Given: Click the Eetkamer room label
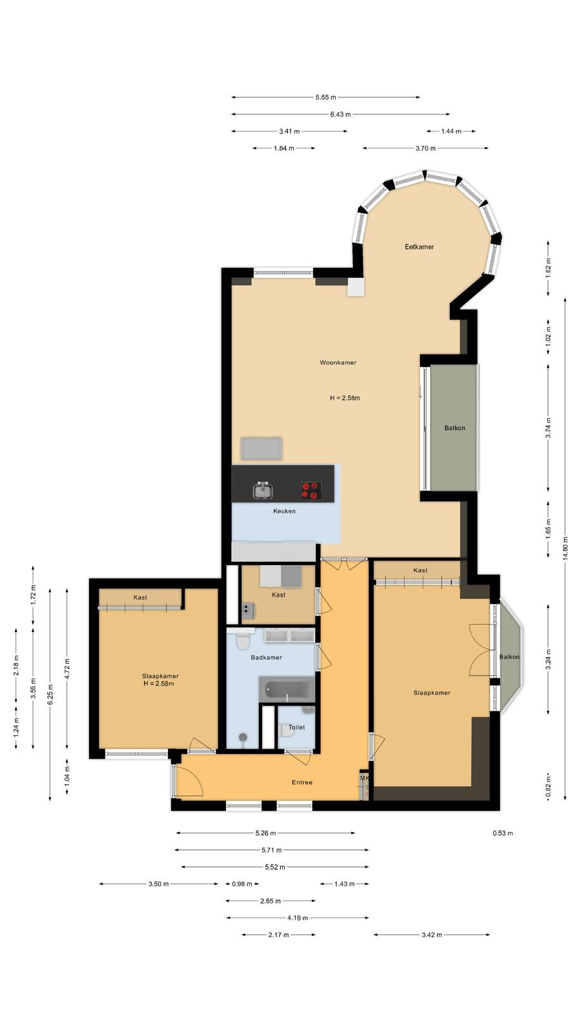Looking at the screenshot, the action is coord(419,247).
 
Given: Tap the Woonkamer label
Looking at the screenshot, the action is coord(338,362).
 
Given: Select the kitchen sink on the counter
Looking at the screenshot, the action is coord(263,490).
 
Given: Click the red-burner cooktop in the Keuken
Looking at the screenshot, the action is coord(311,490).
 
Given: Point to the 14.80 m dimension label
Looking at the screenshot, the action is coord(566,548).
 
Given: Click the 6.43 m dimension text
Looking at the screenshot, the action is coord(340,114).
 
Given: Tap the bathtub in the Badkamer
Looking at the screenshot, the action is coord(287,690).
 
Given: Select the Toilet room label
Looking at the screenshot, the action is coord(296,728).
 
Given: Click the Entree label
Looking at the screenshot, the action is coord(302,782).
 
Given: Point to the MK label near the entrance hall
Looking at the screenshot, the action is coord(365,778).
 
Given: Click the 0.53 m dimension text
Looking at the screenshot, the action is coord(503,833).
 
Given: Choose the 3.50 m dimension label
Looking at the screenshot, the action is coord(159,884).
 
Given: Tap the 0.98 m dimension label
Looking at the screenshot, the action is coord(242,884).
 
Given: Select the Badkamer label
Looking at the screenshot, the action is coord(267,657).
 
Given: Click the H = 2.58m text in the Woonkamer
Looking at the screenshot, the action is coord(345,398).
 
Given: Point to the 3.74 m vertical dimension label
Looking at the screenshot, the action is coord(548,428).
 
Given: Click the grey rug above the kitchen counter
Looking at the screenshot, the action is coord(261,449).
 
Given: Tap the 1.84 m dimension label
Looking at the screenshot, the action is coord(283,148).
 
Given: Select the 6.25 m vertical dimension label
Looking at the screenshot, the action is coord(50,694).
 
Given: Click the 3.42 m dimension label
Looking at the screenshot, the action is coord(432,935).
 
